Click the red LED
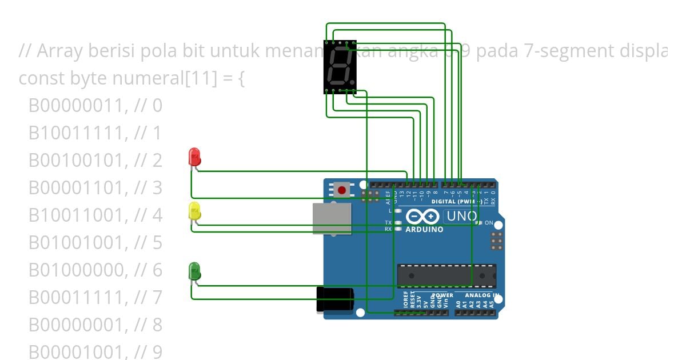pyautogui.click(x=194, y=156)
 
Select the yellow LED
pyautogui.click(x=194, y=211)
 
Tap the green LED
pyautogui.click(x=194, y=271)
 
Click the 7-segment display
pyautogui.click(x=340, y=66)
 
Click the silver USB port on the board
pyautogui.click(x=332, y=218)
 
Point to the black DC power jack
pyautogui.click(x=335, y=299)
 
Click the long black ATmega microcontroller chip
pyautogui.click(x=446, y=276)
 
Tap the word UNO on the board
pyautogui.click(x=461, y=216)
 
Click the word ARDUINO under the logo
pyautogui.click(x=424, y=229)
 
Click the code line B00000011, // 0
pyautogui.click(x=95, y=105)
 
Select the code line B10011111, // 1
pyautogui.click(x=95, y=133)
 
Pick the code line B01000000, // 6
pyautogui.click(x=95, y=270)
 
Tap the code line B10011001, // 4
pyautogui.click(x=95, y=215)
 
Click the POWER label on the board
pyautogui.click(x=442, y=295)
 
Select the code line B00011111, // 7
pyautogui.click(x=95, y=297)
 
